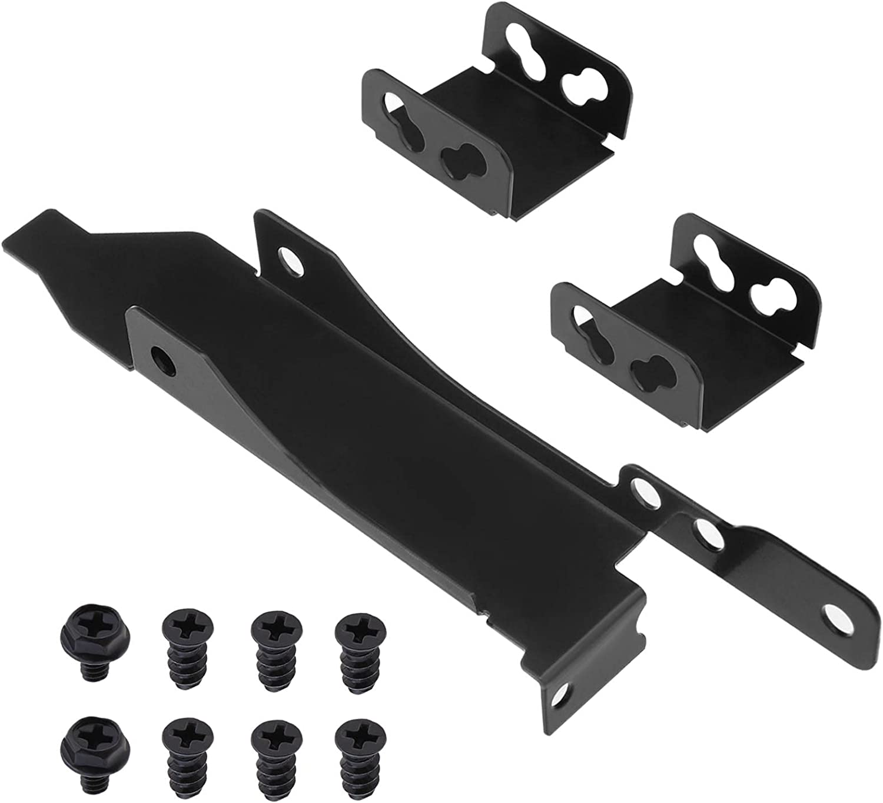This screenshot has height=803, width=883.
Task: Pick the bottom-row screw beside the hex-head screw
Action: [x=184, y=745]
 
